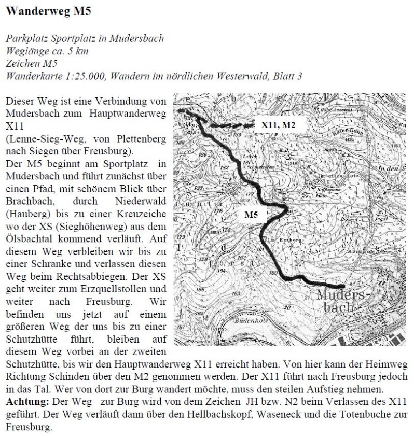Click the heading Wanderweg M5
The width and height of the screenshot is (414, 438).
(x=42, y=10)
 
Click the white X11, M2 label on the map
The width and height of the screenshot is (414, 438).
(x=277, y=125)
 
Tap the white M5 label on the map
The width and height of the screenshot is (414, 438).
(x=251, y=213)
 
